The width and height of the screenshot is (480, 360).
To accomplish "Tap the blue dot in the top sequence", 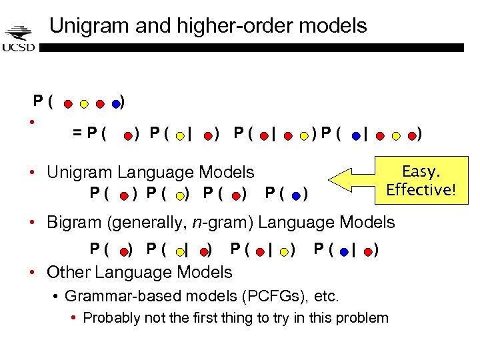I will click(x=116, y=104).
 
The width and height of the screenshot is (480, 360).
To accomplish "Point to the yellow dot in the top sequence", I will click(x=83, y=104).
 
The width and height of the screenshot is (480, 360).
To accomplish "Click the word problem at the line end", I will click(x=364, y=317).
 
